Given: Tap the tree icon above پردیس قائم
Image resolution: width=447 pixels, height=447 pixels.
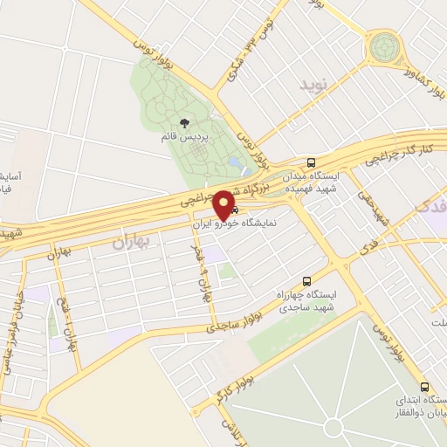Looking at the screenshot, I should coord(184,123).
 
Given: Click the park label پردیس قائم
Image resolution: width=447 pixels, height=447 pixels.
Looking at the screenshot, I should coord(185,137).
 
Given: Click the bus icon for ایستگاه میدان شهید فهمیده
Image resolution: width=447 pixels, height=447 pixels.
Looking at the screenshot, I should coord(312,162).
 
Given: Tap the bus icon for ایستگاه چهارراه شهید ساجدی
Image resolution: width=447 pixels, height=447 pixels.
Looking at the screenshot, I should coord(306,281).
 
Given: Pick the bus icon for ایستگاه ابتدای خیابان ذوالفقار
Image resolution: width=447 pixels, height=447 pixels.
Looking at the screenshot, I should coord(424,387).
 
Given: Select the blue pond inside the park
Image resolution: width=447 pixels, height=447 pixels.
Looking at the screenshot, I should coord(235,163).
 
